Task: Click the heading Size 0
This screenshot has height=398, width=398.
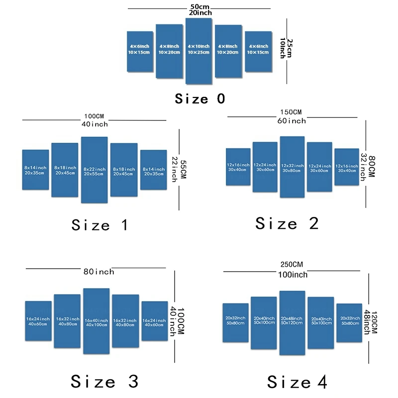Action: (200, 99)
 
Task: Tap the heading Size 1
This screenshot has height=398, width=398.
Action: (100, 225)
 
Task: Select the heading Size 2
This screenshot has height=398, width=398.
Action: (287, 223)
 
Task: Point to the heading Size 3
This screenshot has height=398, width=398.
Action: (104, 382)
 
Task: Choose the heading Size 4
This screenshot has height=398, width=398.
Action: (297, 382)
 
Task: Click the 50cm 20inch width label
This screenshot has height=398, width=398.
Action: (199, 9)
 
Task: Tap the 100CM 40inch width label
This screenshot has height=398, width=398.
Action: (95, 120)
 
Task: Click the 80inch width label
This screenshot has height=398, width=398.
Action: (99, 272)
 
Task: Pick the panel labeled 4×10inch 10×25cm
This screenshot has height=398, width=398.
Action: (199, 50)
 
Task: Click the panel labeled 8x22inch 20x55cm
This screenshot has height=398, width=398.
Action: (94, 170)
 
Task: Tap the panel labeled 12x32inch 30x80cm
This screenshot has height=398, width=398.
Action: (292, 168)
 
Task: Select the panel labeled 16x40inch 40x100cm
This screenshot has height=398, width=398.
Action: (97, 321)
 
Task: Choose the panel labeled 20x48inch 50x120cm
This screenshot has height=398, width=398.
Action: (292, 322)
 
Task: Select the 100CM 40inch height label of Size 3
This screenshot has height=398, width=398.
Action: (177, 321)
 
